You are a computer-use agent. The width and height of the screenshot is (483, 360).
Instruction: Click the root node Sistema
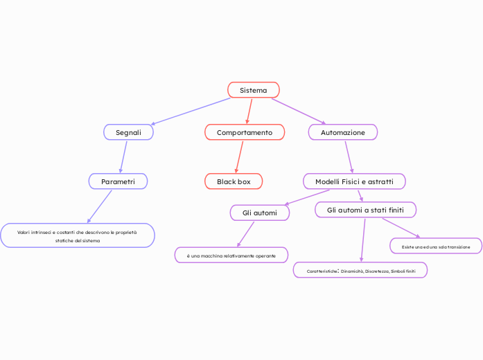(x=254, y=90)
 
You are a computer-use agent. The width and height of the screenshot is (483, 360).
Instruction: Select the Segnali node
(x=128, y=132)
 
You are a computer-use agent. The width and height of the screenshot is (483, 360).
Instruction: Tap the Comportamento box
(x=245, y=132)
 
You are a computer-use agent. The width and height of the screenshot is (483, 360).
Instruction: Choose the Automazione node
(x=342, y=132)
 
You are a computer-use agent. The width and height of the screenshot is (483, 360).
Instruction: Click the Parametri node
(x=118, y=181)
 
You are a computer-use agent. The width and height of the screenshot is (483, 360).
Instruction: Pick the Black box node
(x=234, y=181)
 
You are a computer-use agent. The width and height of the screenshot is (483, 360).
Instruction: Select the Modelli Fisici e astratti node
(x=354, y=181)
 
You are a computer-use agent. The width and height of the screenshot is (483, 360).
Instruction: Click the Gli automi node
(x=259, y=213)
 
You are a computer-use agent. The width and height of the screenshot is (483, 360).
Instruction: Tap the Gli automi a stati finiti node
(x=365, y=209)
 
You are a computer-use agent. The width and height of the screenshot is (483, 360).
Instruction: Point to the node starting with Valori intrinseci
(x=78, y=236)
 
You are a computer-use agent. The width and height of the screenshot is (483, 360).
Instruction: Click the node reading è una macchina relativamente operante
(x=231, y=255)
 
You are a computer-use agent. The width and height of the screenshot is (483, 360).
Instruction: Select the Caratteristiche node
(x=360, y=271)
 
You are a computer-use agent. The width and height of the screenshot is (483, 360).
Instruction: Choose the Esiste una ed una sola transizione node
(x=436, y=246)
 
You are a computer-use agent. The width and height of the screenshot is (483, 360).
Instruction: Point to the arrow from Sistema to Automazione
(x=298, y=111)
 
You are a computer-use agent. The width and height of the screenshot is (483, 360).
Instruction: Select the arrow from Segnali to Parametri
(x=123, y=156)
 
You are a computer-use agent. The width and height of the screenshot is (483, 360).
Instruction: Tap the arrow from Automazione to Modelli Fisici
(x=349, y=156)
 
